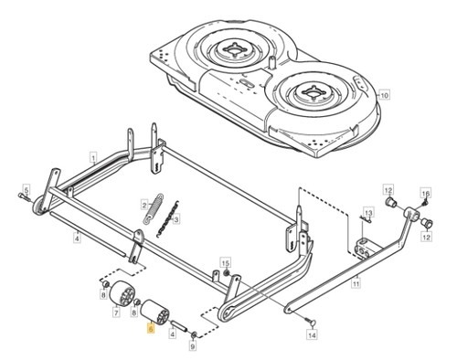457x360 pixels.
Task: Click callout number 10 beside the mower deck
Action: (x=385, y=95)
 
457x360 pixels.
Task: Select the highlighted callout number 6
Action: (x=150, y=329)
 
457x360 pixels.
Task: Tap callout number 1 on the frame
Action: (x=93, y=158)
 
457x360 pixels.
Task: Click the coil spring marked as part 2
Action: (x=154, y=208)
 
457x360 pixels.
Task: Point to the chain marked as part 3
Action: (x=167, y=218)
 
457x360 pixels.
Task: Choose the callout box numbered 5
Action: (x=27, y=189)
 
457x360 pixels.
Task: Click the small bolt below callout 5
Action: (x=25, y=196)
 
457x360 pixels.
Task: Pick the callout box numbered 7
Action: (x=116, y=312)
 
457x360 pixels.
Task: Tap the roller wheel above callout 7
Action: (x=122, y=292)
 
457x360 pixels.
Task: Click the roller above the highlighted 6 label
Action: (x=154, y=312)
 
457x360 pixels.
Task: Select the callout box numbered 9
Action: (x=193, y=345)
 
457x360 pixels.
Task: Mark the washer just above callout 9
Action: (x=193, y=335)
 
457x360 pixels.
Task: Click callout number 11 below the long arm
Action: (x=356, y=283)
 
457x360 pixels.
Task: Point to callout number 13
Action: (x=368, y=212)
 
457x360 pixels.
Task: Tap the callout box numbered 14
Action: (x=312, y=335)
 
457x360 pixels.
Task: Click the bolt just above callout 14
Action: (x=309, y=321)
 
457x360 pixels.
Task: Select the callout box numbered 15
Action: (x=226, y=262)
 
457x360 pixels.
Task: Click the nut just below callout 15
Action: (x=226, y=271)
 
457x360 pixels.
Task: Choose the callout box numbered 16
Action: (x=426, y=193)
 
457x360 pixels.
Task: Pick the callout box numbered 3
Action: (x=176, y=219)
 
